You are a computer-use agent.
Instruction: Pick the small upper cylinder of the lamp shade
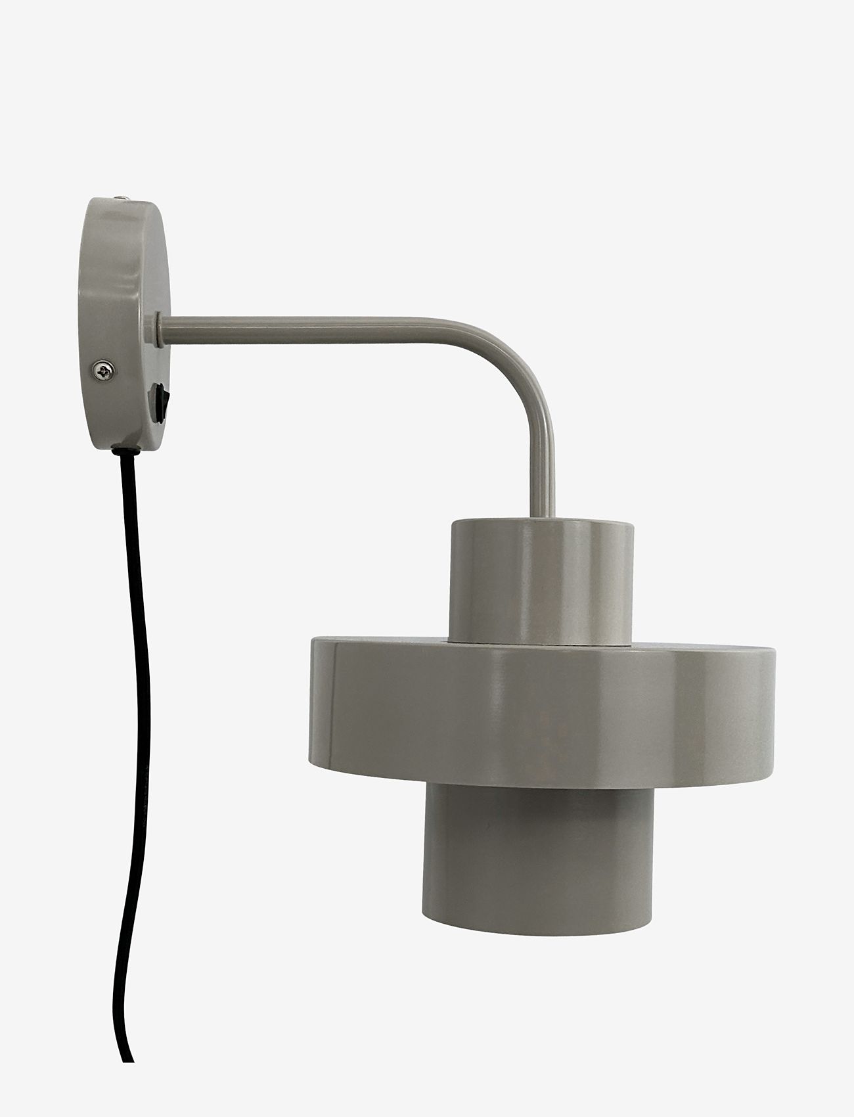click(542, 565)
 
